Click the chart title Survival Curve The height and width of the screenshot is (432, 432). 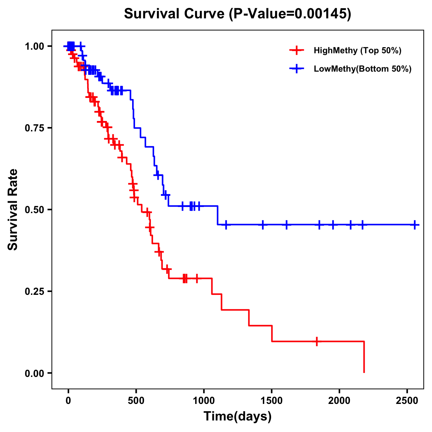pos(237,14)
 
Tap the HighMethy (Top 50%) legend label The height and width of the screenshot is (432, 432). pos(357,50)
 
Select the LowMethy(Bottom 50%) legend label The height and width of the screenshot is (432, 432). pos(363,69)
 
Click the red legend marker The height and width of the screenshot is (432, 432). pos(296,50)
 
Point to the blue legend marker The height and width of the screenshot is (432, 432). pos(296,69)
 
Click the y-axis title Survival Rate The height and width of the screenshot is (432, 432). pos(13,209)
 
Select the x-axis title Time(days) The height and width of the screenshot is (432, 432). pos(238,417)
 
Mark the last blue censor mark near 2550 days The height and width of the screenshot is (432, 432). pos(415,225)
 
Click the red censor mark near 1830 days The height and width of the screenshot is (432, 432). pos(316,341)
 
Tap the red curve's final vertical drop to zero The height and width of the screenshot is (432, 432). pos(364,357)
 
